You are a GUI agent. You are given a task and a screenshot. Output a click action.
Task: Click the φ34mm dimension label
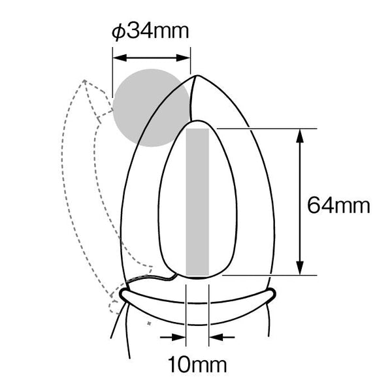[150, 31]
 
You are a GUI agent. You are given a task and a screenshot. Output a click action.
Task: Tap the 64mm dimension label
[338, 206]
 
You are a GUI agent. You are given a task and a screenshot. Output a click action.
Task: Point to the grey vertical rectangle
[197, 202]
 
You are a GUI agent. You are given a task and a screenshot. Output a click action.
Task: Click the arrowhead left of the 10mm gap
[180, 338]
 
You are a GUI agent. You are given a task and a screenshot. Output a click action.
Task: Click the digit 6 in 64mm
[314, 206]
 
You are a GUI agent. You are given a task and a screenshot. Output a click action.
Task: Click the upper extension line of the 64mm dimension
[261, 129]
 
